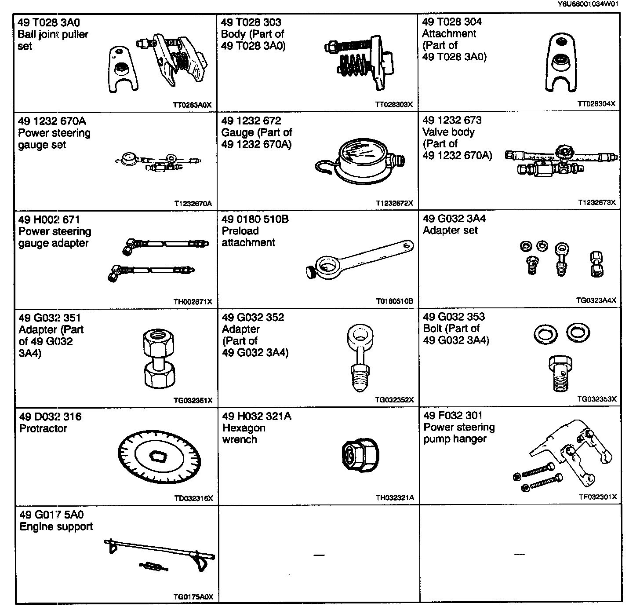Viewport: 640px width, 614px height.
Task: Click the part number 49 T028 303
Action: pos(251,22)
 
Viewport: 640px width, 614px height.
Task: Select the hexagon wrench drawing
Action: pos(360,456)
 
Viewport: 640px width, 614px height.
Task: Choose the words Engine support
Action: pos(56,527)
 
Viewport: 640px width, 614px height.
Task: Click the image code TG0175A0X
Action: pos(193,597)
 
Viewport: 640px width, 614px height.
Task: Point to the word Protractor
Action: pos(43,428)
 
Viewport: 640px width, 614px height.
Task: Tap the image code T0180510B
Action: pos(394,301)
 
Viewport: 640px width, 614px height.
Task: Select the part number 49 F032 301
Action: pos(453,416)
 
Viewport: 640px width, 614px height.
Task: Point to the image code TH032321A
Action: pos(394,498)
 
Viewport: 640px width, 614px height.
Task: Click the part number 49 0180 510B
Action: pos(255,219)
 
